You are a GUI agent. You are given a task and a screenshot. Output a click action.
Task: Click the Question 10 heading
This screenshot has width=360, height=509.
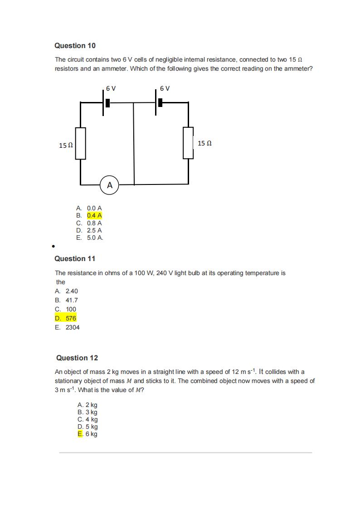(x=75, y=46)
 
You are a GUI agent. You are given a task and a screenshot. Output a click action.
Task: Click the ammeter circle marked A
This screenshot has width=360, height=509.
(x=109, y=185)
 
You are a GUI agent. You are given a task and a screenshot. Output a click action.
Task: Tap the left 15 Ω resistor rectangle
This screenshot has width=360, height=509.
(x=81, y=144)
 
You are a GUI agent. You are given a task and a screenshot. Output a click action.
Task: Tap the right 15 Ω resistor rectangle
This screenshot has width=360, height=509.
(x=188, y=143)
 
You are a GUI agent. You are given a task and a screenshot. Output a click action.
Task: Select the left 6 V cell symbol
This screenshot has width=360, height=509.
(x=106, y=102)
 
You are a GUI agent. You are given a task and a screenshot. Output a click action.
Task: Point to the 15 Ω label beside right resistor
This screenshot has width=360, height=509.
(x=204, y=143)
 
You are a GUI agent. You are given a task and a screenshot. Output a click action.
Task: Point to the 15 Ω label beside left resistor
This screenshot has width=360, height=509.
(x=66, y=145)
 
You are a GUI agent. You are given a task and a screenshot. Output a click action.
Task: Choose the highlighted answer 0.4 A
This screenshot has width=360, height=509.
(x=94, y=216)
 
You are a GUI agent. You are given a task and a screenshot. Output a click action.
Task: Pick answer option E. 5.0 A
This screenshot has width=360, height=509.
(x=90, y=238)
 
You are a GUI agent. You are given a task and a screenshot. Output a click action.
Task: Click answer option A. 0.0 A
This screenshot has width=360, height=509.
(x=89, y=208)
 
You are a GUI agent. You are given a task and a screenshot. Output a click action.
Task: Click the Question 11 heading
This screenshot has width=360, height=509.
(x=75, y=259)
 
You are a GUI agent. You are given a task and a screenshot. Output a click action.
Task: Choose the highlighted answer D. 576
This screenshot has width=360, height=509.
(x=66, y=318)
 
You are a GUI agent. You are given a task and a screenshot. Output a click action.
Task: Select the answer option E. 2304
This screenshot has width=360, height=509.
(x=67, y=327)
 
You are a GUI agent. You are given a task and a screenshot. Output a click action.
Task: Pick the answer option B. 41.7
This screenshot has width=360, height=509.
(x=66, y=300)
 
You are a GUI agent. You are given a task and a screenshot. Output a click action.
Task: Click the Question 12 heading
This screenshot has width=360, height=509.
(x=76, y=358)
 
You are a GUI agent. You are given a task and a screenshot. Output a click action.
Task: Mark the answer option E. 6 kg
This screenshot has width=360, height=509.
(x=88, y=434)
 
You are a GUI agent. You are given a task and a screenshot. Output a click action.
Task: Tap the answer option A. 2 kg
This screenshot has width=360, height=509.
(x=88, y=405)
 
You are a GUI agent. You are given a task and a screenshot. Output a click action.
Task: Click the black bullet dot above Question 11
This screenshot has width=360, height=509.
(x=54, y=247)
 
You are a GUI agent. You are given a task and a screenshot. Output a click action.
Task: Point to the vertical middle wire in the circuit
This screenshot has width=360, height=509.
(x=134, y=144)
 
